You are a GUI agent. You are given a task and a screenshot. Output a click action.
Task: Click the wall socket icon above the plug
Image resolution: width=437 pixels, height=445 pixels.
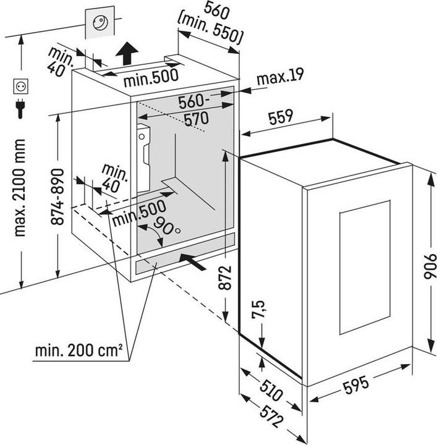21,86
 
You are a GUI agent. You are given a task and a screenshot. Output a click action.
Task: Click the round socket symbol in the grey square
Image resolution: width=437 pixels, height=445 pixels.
100,23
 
